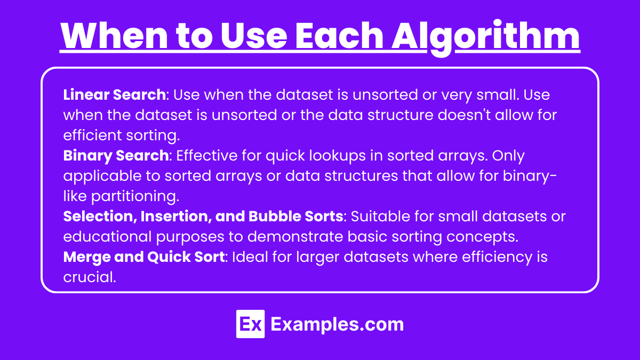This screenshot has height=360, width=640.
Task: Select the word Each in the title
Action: (339, 35)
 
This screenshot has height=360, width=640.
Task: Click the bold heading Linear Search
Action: (114, 94)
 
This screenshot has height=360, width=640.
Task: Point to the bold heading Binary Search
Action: (116, 156)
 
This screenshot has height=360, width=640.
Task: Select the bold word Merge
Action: (87, 258)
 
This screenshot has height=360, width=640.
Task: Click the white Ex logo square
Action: (250, 324)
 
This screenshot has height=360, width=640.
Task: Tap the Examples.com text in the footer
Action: (337, 325)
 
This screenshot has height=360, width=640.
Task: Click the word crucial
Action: (90, 277)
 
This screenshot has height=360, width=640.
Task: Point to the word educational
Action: (107, 236)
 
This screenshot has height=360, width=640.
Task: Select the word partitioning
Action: (135, 197)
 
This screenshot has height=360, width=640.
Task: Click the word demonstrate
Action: (294, 236)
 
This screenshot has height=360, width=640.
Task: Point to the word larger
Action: (317, 258)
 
